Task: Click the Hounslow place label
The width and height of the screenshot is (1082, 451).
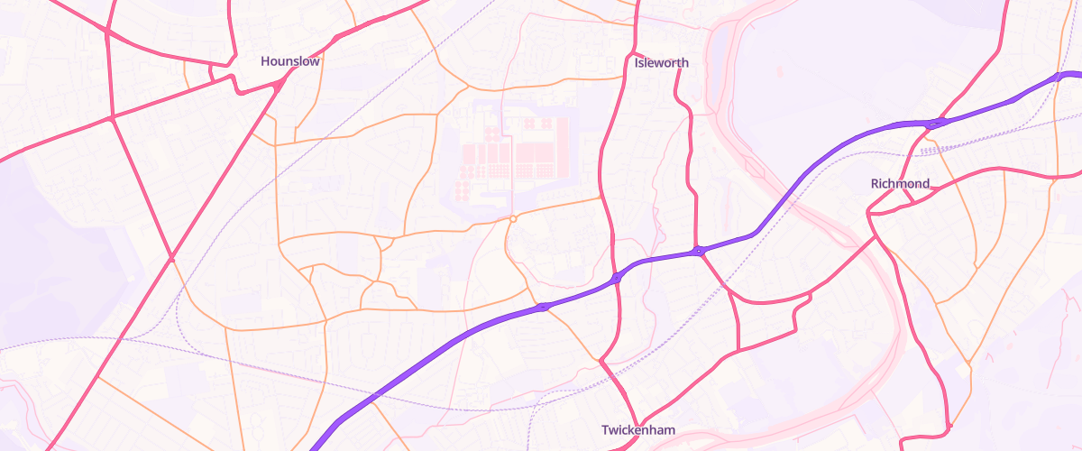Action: [290, 61]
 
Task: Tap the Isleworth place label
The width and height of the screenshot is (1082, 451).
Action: [662, 63]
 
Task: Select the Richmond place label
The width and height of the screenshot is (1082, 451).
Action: [900, 184]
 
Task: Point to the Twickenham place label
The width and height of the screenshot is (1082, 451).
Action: [638, 430]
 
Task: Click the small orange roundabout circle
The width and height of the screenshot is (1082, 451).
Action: [513, 218]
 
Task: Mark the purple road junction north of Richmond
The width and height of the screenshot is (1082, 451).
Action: [935, 124]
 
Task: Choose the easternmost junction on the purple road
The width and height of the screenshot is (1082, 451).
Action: [1059, 78]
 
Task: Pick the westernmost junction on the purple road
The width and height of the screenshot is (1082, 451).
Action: [543, 308]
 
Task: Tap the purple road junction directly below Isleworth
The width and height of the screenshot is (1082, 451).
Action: [699, 251]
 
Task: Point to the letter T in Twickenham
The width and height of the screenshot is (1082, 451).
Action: [606, 430]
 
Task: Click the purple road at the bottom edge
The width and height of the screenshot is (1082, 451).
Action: [316, 446]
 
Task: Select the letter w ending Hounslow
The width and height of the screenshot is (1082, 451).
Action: [315, 61]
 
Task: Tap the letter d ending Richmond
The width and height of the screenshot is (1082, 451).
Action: [925, 184]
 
